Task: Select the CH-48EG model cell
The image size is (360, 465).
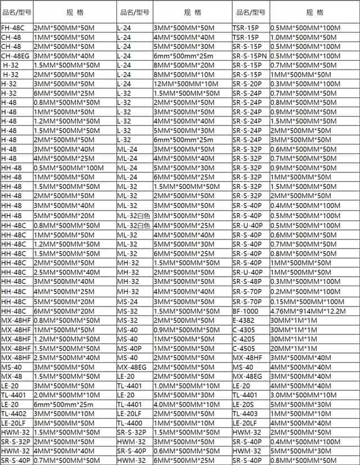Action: click(15, 55)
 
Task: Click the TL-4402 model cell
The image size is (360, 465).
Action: click(13, 413)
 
